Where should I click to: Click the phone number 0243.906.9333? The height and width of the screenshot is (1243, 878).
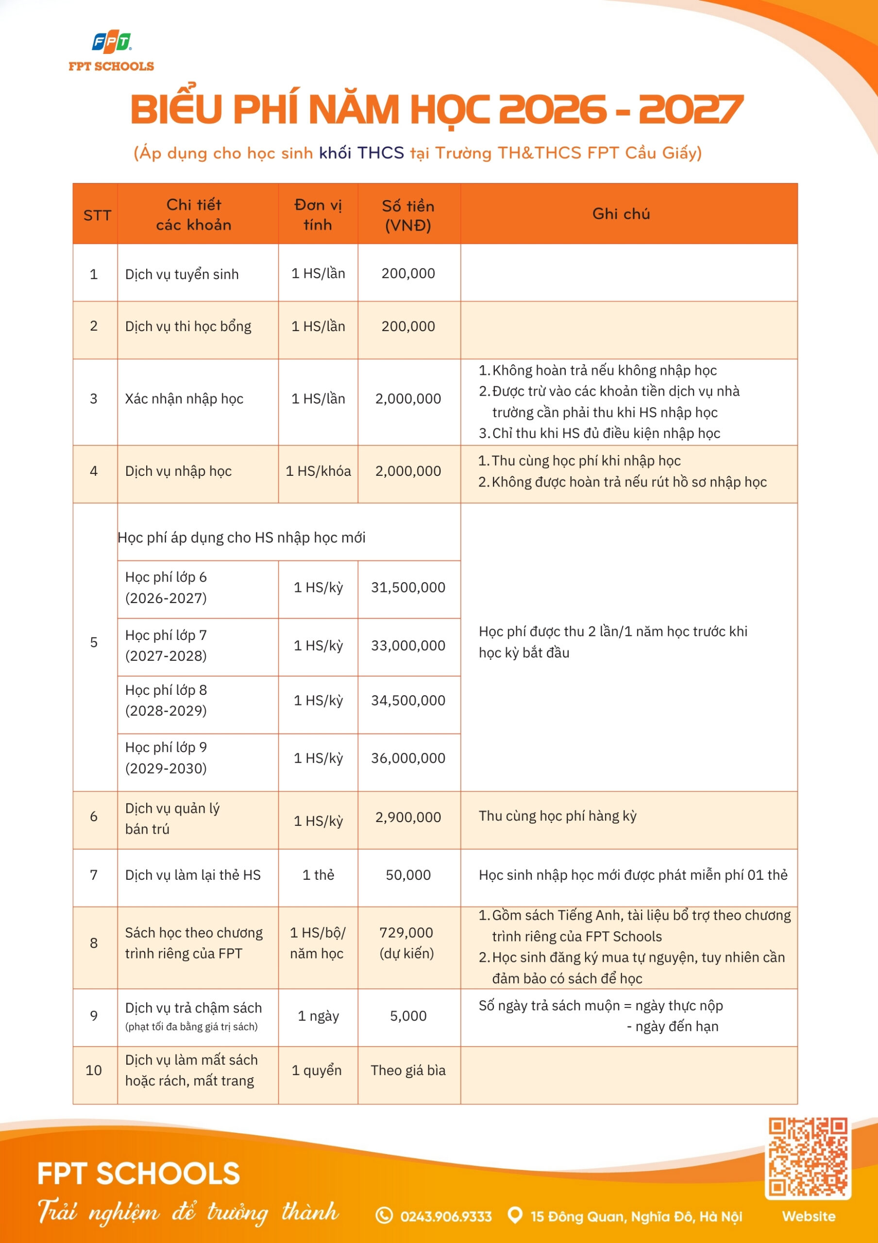(446, 1216)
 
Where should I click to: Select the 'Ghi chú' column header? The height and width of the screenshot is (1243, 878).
(621, 214)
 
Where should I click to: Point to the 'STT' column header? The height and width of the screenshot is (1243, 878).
(97, 216)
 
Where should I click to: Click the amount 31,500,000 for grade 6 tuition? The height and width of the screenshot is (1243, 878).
(408, 588)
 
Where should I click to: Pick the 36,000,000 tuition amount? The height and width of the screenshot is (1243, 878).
(408, 758)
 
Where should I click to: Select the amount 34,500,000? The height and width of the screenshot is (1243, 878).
(408, 701)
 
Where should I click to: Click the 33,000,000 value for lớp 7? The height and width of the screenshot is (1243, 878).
(408, 645)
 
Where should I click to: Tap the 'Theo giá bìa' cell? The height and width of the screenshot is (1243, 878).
(408, 1070)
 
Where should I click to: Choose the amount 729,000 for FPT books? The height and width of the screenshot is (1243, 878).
(406, 932)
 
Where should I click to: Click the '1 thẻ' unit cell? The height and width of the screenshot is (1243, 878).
(318, 875)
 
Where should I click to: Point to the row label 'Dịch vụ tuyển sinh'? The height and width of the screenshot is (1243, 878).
(182, 274)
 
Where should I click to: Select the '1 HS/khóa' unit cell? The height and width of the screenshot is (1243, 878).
(318, 471)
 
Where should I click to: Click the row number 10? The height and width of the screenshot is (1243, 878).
(94, 1070)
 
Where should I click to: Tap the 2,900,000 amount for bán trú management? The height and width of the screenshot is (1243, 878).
(408, 817)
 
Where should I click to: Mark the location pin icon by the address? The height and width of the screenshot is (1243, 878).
(515, 1215)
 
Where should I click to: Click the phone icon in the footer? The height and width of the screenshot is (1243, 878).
(384, 1215)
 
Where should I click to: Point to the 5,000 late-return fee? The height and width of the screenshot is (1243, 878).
(408, 1016)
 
